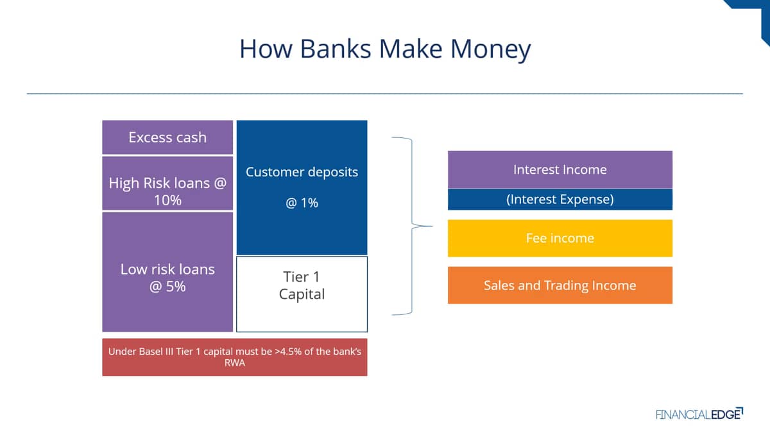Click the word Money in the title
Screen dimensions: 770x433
(x=490, y=49)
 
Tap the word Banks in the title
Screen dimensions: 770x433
(x=336, y=49)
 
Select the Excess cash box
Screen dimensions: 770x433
(x=167, y=137)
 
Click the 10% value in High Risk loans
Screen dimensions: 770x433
(x=167, y=200)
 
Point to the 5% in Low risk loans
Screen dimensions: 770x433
(x=176, y=286)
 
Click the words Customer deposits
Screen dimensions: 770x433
(x=302, y=172)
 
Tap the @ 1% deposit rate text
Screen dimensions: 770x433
(x=302, y=203)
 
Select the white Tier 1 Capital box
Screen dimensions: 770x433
(x=302, y=294)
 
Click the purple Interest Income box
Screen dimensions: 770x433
(x=560, y=169)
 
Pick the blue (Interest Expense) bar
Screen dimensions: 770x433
(x=560, y=200)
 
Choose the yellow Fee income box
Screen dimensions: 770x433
(x=560, y=238)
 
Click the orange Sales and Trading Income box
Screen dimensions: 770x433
(x=560, y=285)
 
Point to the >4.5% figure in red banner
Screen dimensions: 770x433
(x=288, y=352)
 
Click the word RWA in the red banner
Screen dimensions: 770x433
(x=235, y=363)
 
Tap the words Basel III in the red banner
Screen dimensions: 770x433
(x=156, y=352)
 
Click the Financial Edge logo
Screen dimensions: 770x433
(x=699, y=414)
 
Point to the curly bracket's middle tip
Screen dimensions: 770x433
(x=432, y=226)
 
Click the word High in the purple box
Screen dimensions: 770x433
(x=124, y=183)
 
